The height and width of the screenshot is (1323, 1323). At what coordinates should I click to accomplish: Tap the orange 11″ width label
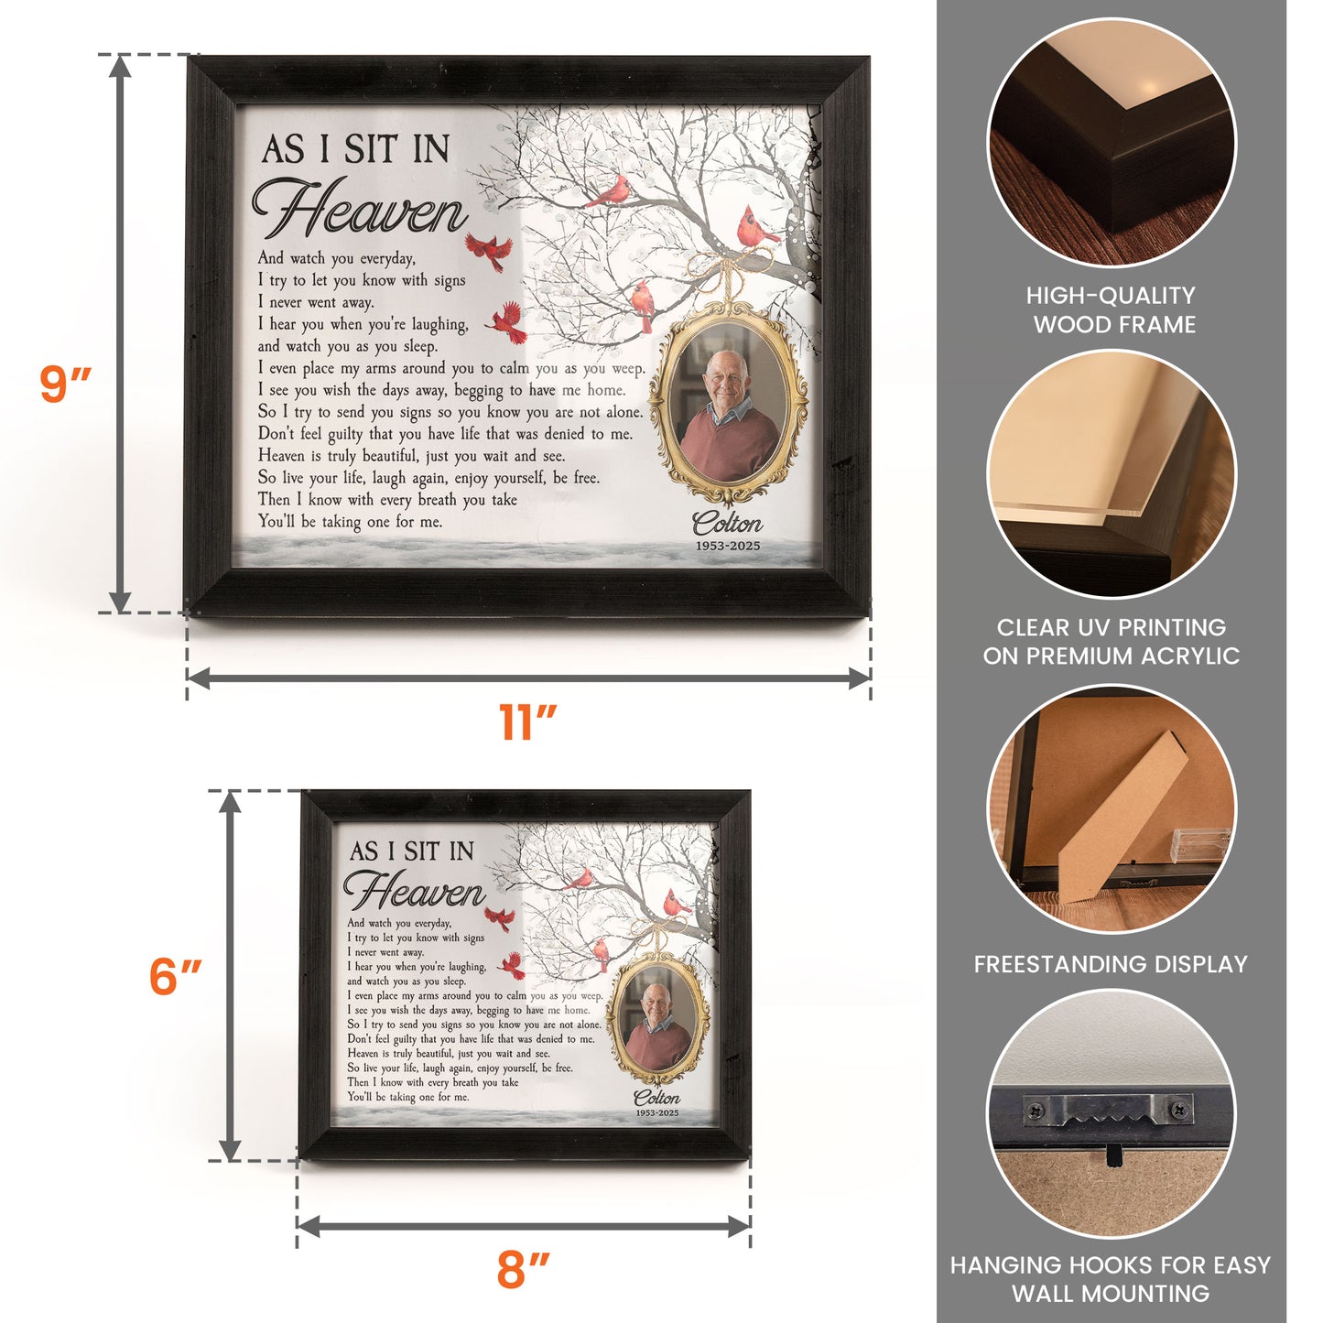click(527, 722)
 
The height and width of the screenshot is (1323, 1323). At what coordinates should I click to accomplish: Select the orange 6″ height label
click(175, 976)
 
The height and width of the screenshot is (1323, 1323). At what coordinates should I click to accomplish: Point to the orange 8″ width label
click(523, 1270)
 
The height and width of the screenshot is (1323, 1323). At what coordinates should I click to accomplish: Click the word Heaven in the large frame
click(360, 210)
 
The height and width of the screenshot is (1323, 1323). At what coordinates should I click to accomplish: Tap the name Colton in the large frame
click(727, 524)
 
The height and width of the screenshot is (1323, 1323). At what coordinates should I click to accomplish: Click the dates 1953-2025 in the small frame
click(657, 1113)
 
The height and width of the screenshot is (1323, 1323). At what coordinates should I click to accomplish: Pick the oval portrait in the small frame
click(656, 1023)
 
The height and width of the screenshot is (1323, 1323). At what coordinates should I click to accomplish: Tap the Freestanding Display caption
click(1111, 964)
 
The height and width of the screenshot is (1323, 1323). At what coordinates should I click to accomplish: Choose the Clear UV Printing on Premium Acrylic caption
click(1111, 642)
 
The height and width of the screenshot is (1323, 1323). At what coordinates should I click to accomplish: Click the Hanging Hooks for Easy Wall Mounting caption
click(1111, 1279)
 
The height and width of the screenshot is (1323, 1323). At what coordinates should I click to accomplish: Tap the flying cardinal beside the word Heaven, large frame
click(489, 250)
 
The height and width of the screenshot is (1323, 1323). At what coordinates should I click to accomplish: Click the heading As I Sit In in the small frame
click(411, 851)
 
